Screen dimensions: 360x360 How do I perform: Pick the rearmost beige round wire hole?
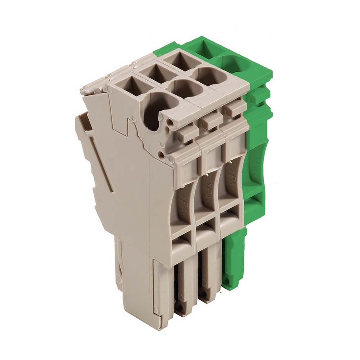[x=209, y=76]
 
